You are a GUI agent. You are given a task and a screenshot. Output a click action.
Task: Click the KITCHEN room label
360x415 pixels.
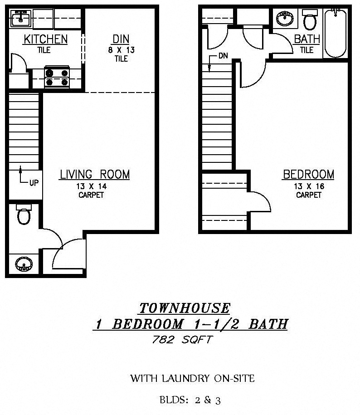tap(45, 39)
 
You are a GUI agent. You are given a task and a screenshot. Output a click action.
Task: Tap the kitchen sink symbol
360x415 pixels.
tap(21, 18)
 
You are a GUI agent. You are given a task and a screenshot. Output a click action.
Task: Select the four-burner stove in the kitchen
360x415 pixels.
tap(57, 77)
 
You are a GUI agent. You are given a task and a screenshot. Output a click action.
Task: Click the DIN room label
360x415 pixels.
tap(121, 39)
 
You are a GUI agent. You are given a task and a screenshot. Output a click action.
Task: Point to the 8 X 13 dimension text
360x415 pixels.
tap(122, 50)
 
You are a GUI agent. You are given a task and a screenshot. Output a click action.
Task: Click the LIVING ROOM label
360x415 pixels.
tap(95, 175)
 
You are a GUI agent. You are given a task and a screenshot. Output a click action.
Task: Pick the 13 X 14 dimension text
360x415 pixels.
tap(92, 186)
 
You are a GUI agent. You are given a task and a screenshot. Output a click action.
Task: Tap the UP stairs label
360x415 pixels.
tap(34, 183)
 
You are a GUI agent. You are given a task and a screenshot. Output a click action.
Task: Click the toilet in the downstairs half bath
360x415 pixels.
tap(24, 214)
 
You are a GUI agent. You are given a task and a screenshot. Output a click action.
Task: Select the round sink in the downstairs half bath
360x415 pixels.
tap(24, 264)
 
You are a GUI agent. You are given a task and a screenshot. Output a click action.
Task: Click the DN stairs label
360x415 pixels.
tap(223, 56)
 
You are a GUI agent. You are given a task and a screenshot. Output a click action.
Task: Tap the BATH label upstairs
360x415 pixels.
tap(307, 39)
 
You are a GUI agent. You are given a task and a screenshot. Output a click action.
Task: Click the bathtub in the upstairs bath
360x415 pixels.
tap(336, 34)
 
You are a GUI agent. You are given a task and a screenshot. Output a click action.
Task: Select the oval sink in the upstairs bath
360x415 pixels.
tap(285, 19)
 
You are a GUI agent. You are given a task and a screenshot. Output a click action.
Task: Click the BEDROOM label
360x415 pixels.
tap(308, 175)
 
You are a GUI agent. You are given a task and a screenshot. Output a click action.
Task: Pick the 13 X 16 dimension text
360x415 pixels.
tap(309, 186)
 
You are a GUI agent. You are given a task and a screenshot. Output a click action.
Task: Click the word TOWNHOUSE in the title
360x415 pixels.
tap(185, 308)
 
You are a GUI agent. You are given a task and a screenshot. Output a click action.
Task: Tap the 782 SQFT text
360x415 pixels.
tap(183, 340)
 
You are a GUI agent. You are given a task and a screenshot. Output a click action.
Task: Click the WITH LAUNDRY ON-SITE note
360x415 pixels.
tap(193, 378)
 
